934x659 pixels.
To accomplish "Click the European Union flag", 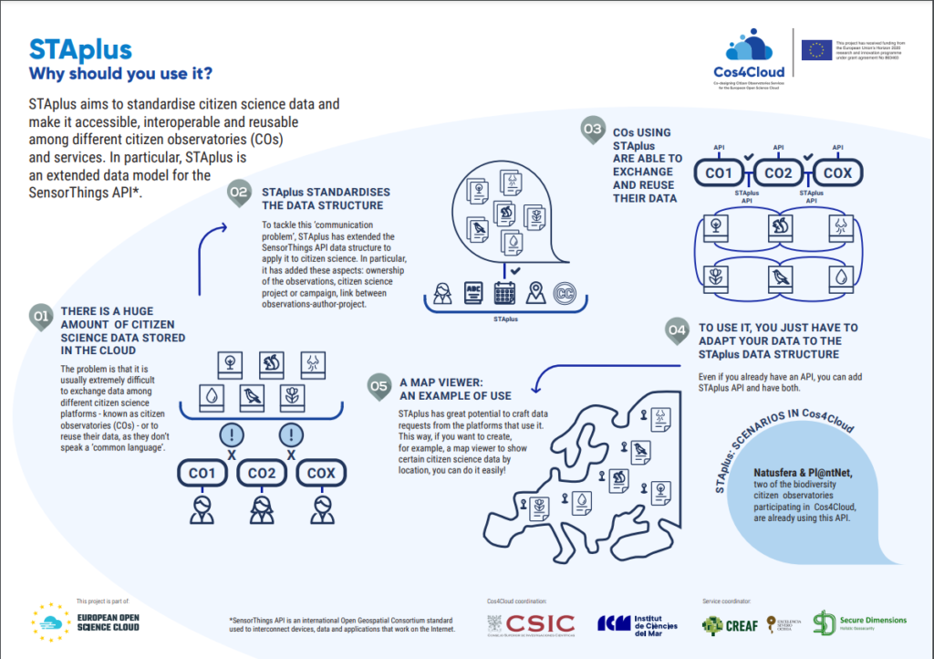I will [817, 50].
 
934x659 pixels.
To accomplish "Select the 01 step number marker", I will [40, 316].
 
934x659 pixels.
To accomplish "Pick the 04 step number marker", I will [676, 329].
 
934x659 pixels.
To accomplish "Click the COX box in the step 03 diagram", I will [838, 172].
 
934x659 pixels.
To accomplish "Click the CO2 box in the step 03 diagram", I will [777, 172].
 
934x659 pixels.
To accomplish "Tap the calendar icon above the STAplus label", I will [504, 293].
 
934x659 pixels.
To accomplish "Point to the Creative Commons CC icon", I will [566, 293].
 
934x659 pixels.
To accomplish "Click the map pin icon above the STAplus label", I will [534, 293].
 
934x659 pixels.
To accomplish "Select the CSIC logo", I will [532, 624].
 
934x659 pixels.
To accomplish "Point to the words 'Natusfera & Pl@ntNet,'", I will [802, 473].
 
